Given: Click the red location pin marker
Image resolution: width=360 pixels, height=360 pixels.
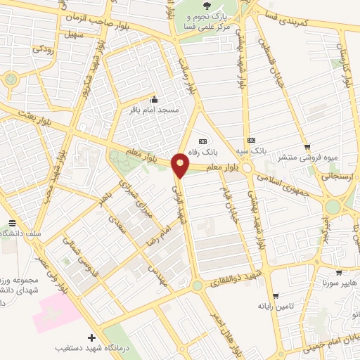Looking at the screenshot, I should point(181,164).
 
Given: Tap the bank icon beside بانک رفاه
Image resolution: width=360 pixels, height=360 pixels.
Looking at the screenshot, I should point(203,140).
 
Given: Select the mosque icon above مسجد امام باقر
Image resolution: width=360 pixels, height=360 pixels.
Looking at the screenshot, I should point(155,99).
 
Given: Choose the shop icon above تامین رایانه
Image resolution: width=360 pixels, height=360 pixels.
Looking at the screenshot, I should point(274,295).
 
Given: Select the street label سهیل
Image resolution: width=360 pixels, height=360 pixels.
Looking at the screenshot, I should point(72,34).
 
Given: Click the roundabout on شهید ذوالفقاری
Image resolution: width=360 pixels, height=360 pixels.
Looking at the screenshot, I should point(197,285).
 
